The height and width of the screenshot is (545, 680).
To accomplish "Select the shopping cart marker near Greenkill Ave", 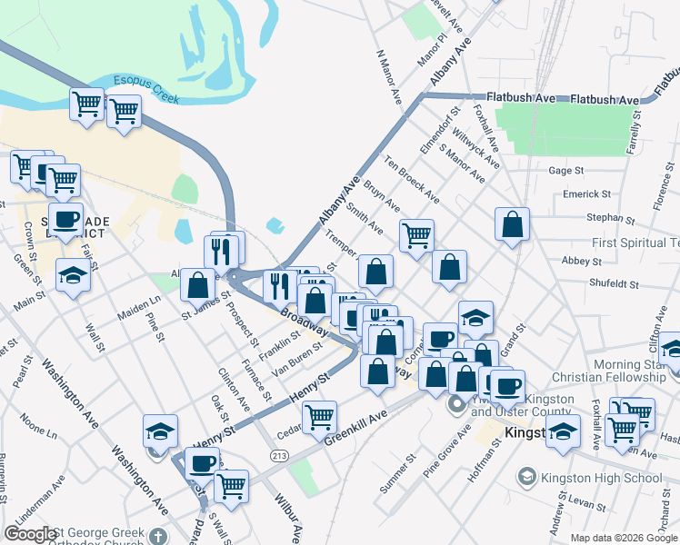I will pos(319,418).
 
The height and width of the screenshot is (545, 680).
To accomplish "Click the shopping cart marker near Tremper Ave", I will pos(416,235).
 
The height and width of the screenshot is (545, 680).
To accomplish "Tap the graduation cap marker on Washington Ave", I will pos(161,430).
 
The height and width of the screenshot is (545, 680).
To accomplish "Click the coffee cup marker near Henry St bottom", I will pos(202,462).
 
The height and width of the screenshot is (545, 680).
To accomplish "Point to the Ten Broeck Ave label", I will pos(412,180).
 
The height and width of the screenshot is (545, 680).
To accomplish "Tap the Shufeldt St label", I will pos(611,282).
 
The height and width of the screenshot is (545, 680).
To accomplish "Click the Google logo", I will pos(30,534).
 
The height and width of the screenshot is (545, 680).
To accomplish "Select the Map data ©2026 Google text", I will pos(624,538).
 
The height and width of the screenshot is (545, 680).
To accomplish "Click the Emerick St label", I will pos(586,194).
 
